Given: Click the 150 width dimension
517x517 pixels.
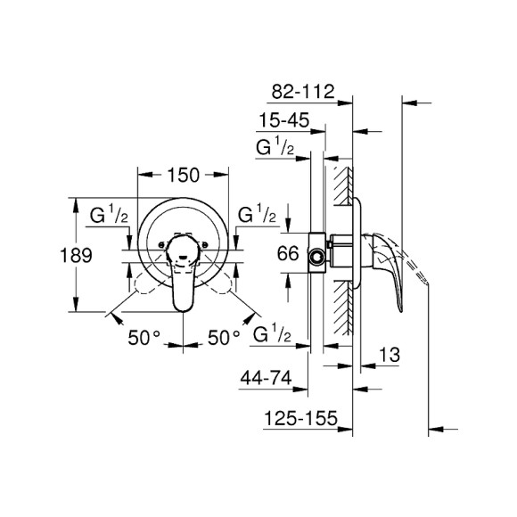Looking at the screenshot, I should (183, 175).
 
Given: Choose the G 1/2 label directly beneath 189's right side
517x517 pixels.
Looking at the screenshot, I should (112, 217).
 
